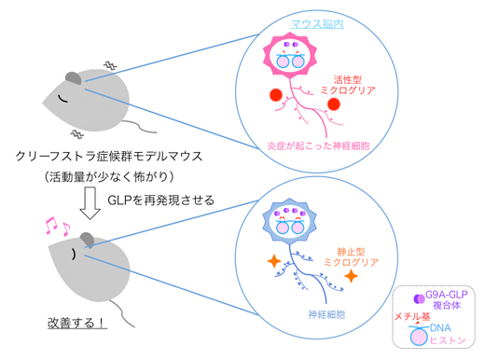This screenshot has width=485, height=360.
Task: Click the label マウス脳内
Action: click(317, 21)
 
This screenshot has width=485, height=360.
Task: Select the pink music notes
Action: click(48, 225)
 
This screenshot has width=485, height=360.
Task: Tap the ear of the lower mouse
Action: click(86, 239)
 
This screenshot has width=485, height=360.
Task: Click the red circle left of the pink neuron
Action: click(275, 94)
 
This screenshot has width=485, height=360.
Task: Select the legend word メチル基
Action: click(412, 317)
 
